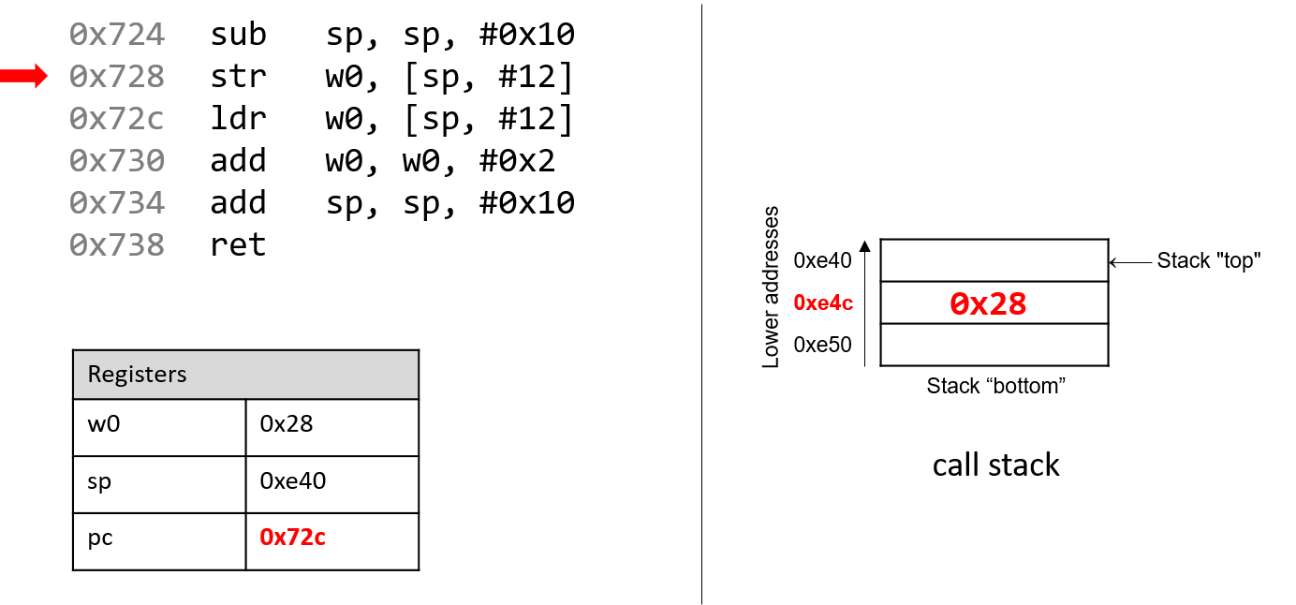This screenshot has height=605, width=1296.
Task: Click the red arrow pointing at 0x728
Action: point(23,76)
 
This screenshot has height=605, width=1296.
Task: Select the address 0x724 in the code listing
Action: point(117,34)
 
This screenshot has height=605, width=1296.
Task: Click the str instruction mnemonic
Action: point(238,77)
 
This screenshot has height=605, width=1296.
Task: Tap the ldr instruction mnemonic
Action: point(238,118)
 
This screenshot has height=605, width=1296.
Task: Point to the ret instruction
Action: point(238,244)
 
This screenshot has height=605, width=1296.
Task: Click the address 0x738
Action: point(117,244)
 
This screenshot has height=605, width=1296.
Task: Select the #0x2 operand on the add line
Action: point(517,160)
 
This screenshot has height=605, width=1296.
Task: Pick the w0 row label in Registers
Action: point(104,424)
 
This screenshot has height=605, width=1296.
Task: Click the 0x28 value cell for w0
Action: point(287,424)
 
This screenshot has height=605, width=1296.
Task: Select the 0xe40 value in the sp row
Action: point(293,480)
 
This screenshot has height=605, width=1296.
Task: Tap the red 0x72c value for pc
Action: point(293,538)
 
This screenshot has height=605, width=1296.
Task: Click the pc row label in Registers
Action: point(100,539)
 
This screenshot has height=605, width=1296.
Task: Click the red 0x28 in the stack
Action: point(988,303)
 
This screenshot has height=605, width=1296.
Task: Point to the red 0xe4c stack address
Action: point(823,302)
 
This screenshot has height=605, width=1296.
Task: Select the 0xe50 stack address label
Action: point(823,345)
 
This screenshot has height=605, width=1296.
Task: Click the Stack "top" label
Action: point(1209,261)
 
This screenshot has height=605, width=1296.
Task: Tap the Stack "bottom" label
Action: point(995,386)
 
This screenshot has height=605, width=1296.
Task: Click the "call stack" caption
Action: point(995,465)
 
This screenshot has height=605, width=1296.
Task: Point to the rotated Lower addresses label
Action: point(771,287)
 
